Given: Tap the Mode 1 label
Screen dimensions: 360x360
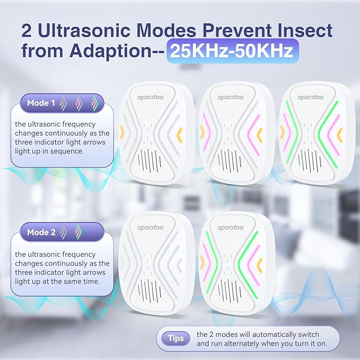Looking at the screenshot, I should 41,103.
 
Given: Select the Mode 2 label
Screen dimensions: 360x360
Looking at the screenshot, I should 41,232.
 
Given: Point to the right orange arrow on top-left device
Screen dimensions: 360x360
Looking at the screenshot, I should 180,133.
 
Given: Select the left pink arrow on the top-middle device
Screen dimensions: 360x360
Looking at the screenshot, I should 207,133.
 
